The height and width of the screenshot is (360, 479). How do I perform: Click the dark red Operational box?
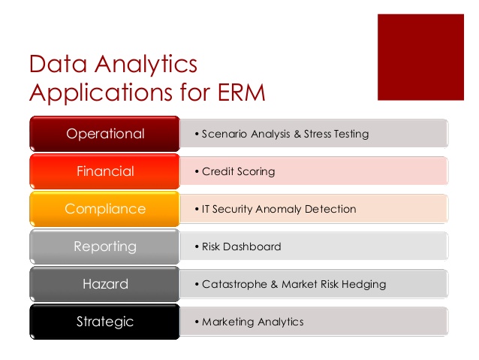105,134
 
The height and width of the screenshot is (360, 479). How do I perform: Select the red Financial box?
105,171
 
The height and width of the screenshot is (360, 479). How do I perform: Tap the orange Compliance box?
105,209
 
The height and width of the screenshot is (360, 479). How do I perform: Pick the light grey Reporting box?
105,247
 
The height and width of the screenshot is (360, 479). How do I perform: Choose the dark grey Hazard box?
105,284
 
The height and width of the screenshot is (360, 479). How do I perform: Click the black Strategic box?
105,322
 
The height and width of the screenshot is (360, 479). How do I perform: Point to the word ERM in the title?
241,92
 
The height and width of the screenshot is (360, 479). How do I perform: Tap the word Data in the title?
58,64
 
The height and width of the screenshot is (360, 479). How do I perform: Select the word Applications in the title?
101,93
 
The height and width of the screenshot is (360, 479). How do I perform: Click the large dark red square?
420,57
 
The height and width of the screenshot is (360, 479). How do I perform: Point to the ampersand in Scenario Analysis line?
297,134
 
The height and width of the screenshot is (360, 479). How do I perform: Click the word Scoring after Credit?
256,172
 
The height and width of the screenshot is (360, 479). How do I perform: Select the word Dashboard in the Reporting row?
252,247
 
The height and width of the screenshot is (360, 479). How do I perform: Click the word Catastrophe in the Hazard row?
234,285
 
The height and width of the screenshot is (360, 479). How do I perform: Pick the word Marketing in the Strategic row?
228,322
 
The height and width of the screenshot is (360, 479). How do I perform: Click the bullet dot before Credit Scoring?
197,171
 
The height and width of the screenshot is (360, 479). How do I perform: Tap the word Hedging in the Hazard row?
363,285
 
